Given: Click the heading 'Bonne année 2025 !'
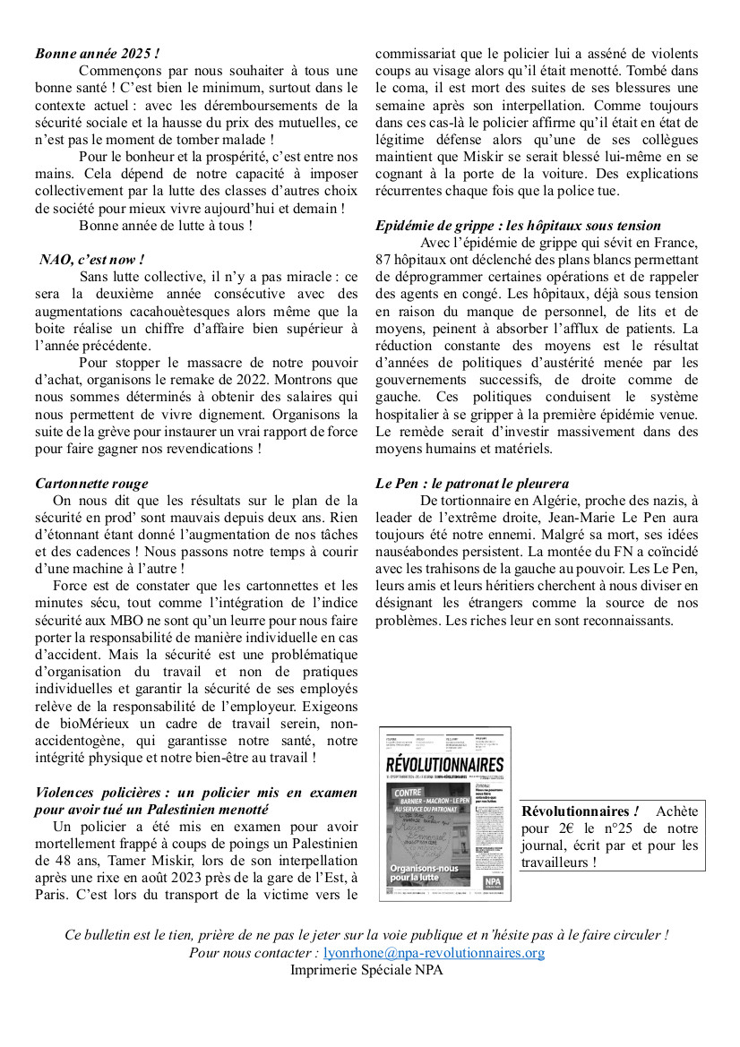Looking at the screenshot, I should tap(98, 54).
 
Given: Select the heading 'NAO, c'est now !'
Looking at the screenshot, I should tap(92, 260).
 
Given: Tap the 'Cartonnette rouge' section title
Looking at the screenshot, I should tap(92, 484).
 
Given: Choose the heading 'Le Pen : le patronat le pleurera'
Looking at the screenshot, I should tap(472, 484).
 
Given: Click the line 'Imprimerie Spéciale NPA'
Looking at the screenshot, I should tap(366, 969).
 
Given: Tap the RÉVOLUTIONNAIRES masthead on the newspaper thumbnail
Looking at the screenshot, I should tap(444, 764).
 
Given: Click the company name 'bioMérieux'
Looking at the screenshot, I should tap(118, 724).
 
